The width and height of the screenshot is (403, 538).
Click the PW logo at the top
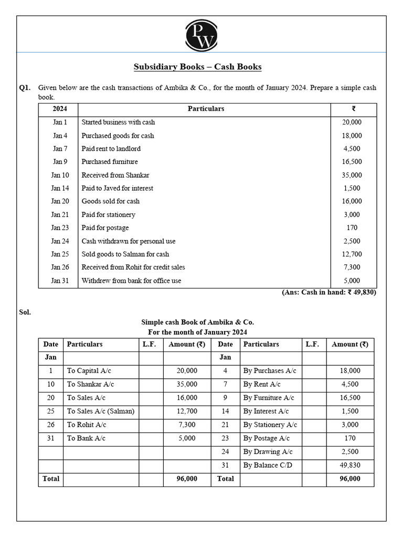pos(201,34)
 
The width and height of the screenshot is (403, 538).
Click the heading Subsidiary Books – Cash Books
pos(197,67)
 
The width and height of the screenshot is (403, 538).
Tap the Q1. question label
pos(25,88)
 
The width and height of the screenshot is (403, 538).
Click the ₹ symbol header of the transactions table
pos(353,109)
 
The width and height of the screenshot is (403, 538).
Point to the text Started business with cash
pos(118,122)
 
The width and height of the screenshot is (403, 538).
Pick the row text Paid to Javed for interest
pos(118,188)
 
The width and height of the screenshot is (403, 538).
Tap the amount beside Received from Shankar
pos(352,175)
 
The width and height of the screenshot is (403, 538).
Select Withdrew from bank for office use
pos(131,281)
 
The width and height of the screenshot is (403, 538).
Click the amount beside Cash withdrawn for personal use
pos(352,241)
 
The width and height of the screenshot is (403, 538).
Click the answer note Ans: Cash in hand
pos(328,293)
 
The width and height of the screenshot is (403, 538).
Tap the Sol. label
pos(25,312)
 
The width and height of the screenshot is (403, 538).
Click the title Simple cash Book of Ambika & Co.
pos(197,322)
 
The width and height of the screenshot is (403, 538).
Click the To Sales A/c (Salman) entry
pos(101,411)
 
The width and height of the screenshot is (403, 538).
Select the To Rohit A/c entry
pos(87,425)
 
